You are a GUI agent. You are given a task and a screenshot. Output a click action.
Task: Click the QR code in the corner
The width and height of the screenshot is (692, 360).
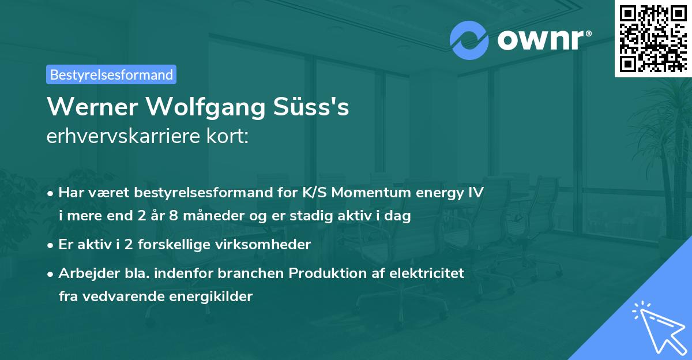[x=653, y=39]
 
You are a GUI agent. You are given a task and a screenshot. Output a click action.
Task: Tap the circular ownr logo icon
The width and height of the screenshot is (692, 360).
[x=469, y=40]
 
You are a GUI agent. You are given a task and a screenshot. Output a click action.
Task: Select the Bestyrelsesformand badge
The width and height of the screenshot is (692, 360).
[x=111, y=74]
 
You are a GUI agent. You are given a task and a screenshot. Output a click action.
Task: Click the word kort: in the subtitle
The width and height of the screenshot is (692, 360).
[x=228, y=137]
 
